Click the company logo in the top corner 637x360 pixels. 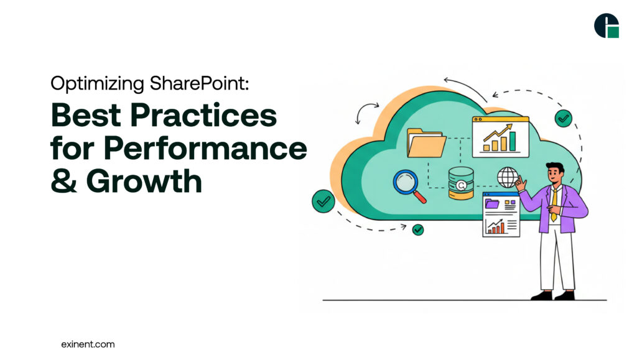607,25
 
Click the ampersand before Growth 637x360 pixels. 65,181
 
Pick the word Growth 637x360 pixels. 144,181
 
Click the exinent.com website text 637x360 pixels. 88,344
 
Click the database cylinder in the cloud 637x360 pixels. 461,184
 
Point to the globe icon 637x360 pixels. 507,177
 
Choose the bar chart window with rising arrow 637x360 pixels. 500,136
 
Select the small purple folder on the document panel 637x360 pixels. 493,203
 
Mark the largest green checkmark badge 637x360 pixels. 323,201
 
